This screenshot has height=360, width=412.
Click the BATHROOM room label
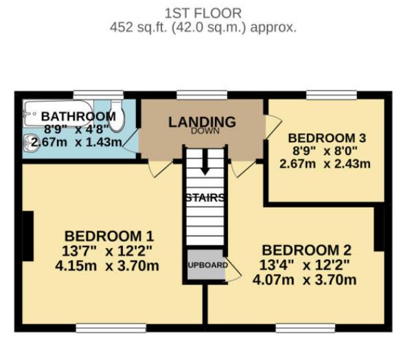78,116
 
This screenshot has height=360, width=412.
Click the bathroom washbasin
30,144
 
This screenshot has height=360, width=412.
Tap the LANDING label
202,122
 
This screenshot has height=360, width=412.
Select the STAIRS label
204,198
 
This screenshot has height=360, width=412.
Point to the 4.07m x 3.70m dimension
305,280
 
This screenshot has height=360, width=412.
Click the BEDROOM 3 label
328,137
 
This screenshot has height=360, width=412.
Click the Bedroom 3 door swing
273,126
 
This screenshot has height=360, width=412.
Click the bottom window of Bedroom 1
111,328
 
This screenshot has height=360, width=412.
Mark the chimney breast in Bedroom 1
28,236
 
